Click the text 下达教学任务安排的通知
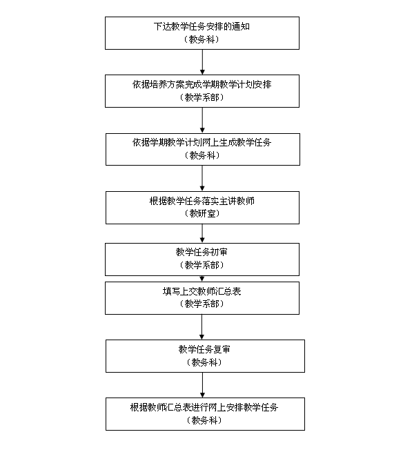click(x=202, y=27)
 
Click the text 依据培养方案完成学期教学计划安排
click(x=202, y=85)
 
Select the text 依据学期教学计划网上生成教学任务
click(x=202, y=143)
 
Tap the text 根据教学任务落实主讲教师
click(x=202, y=201)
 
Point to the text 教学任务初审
click(x=202, y=252)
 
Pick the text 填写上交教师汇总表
click(x=202, y=291)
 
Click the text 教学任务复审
click(x=204, y=349)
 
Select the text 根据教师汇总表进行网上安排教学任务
click(x=204, y=407)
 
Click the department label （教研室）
click(x=202, y=214)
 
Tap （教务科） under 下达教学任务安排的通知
click(x=202, y=39)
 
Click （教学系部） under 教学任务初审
click(x=202, y=265)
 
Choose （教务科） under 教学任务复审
click(x=204, y=362)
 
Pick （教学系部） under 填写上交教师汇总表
click(x=202, y=304)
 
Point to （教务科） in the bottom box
click(x=204, y=420)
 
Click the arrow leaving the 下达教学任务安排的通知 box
click(x=202, y=62)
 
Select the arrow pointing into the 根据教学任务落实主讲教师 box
click(x=202, y=178)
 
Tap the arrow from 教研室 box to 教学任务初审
click(x=202, y=233)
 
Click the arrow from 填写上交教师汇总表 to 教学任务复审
click(x=202, y=327)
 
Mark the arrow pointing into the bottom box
click(x=202, y=385)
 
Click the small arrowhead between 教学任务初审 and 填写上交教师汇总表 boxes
click(x=202, y=279)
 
